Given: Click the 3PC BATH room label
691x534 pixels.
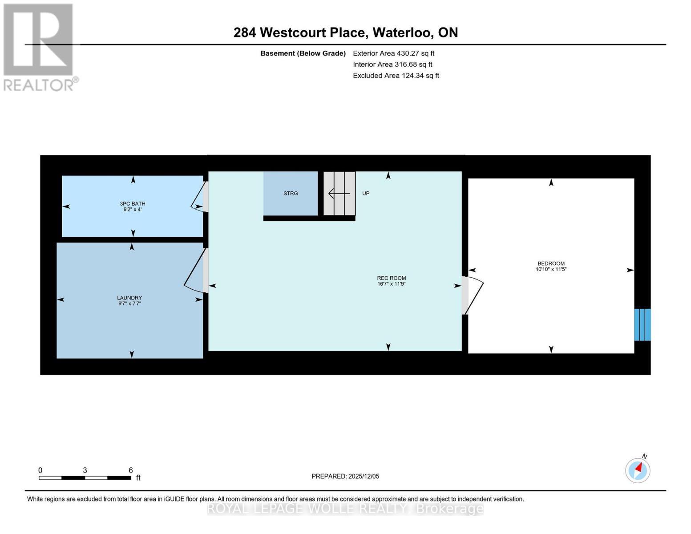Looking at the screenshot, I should click(x=133, y=204).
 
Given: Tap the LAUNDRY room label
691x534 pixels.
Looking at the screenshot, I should click(x=129, y=298).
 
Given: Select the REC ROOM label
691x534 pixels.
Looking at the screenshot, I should click(x=391, y=278).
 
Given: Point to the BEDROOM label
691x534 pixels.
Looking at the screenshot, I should click(x=551, y=263).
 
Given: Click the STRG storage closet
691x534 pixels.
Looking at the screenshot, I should click(x=291, y=194).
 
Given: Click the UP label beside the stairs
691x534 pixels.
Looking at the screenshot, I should click(x=366, y=194).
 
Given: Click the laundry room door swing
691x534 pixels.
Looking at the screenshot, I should click(x=195, y=271).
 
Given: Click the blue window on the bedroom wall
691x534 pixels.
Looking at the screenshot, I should click(x=642, y=325).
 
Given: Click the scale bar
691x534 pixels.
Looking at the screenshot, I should click(x=85, y=478).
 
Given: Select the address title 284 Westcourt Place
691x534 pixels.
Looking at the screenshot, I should click(x=345, y=32).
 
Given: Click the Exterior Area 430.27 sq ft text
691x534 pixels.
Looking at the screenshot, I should click(x=393, y=53).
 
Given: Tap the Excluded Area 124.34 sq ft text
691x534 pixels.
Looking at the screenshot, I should click(x=396, y=76).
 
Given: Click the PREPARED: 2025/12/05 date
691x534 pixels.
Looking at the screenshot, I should click(x=345, y=476).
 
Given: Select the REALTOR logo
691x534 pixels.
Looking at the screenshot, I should click(x=39, y=47).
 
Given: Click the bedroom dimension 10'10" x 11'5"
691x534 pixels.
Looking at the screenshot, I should click(x=551, y=269).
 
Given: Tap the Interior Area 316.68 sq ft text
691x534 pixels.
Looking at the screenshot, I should click(x=392, y=65).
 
